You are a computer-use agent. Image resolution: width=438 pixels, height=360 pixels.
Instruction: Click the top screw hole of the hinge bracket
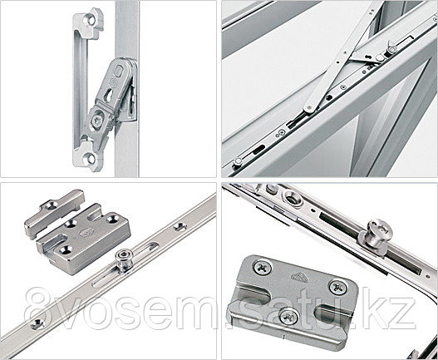click(x=91, y=20)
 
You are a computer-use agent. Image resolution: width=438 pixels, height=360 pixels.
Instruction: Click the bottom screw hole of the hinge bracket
click(x=91, y=159)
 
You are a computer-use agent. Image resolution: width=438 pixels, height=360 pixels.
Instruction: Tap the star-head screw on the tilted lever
click(x=97, y=121)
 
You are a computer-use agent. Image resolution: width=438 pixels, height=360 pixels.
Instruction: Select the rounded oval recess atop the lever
click(x=119, y=70)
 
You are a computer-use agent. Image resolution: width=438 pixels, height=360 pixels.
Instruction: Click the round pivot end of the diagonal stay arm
click(x=309, y=107)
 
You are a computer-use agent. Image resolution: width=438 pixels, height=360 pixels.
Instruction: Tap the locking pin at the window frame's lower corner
click(x=238, y=161)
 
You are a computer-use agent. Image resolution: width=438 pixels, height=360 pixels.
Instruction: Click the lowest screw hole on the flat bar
click(x=37, y=323)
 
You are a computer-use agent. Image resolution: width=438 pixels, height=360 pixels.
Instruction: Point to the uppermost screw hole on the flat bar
click(x=180, y=225)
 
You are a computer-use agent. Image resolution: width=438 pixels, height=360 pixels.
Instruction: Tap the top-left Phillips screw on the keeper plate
click(x=262, y=267)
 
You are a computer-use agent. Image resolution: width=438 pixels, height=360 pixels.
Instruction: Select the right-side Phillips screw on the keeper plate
click(x=338, y=287)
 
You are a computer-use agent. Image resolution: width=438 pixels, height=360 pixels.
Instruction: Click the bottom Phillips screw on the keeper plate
click(x=289, y=317)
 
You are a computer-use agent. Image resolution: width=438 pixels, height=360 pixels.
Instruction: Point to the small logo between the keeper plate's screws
click(x=299, y=277)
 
